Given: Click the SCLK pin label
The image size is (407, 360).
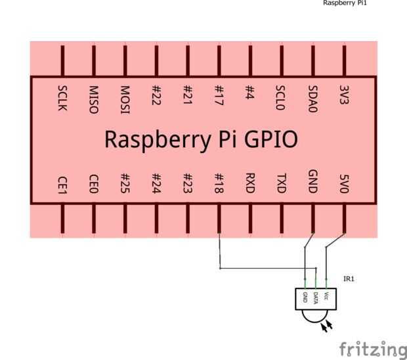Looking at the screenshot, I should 62,98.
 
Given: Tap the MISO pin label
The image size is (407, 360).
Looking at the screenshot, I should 93,99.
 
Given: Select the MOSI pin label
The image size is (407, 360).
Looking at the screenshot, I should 125,99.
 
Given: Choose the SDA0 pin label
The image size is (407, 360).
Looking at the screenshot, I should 312,99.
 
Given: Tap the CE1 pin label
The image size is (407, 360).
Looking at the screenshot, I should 62,183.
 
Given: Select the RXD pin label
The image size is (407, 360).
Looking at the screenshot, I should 250,183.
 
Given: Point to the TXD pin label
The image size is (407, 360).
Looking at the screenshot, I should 281,183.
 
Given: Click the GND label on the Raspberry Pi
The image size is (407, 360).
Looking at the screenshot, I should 312,182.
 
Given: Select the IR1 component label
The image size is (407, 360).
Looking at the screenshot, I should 349,279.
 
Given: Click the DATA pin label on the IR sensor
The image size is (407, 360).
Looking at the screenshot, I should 316,298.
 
